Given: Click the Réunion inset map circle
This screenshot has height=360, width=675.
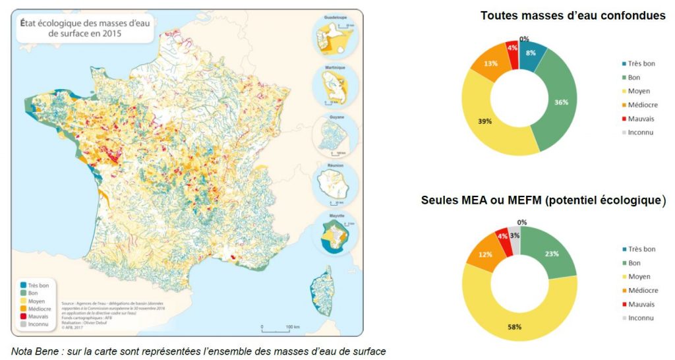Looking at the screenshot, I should point(335,183).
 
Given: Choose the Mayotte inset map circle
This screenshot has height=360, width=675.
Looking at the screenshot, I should point(335,233).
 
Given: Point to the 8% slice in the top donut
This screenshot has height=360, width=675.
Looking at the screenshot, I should point(531,53).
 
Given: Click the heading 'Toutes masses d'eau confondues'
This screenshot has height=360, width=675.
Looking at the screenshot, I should point(573,15).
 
